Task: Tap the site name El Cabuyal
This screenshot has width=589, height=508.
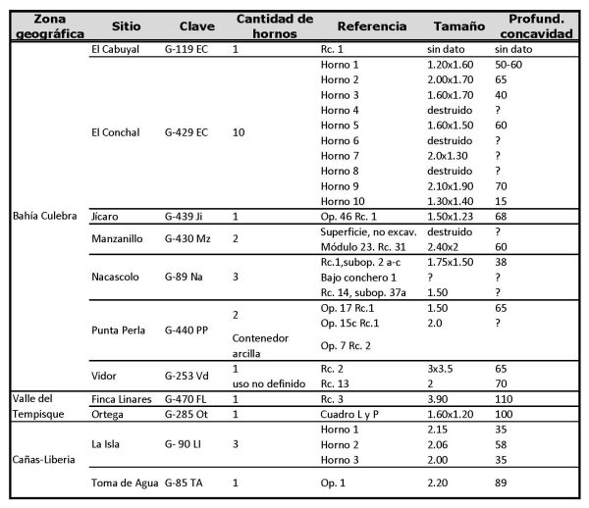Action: pyautogui.click(x=114, y=48)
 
